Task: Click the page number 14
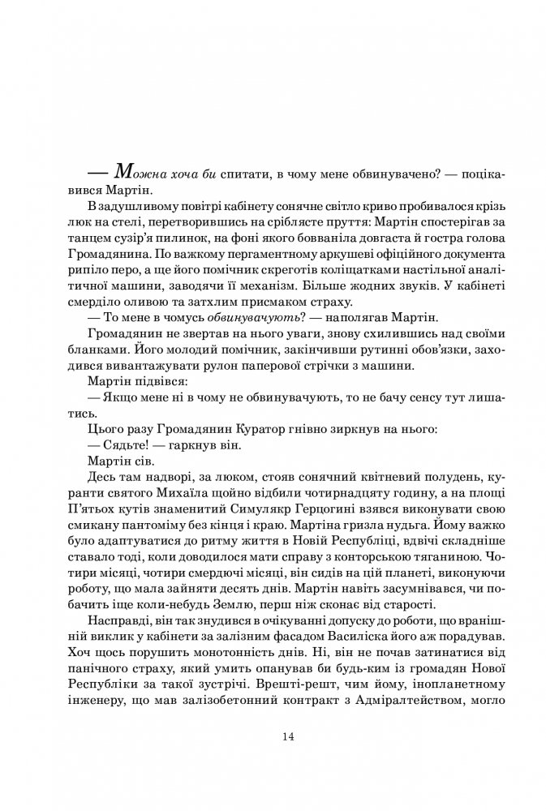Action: [288, 736]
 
